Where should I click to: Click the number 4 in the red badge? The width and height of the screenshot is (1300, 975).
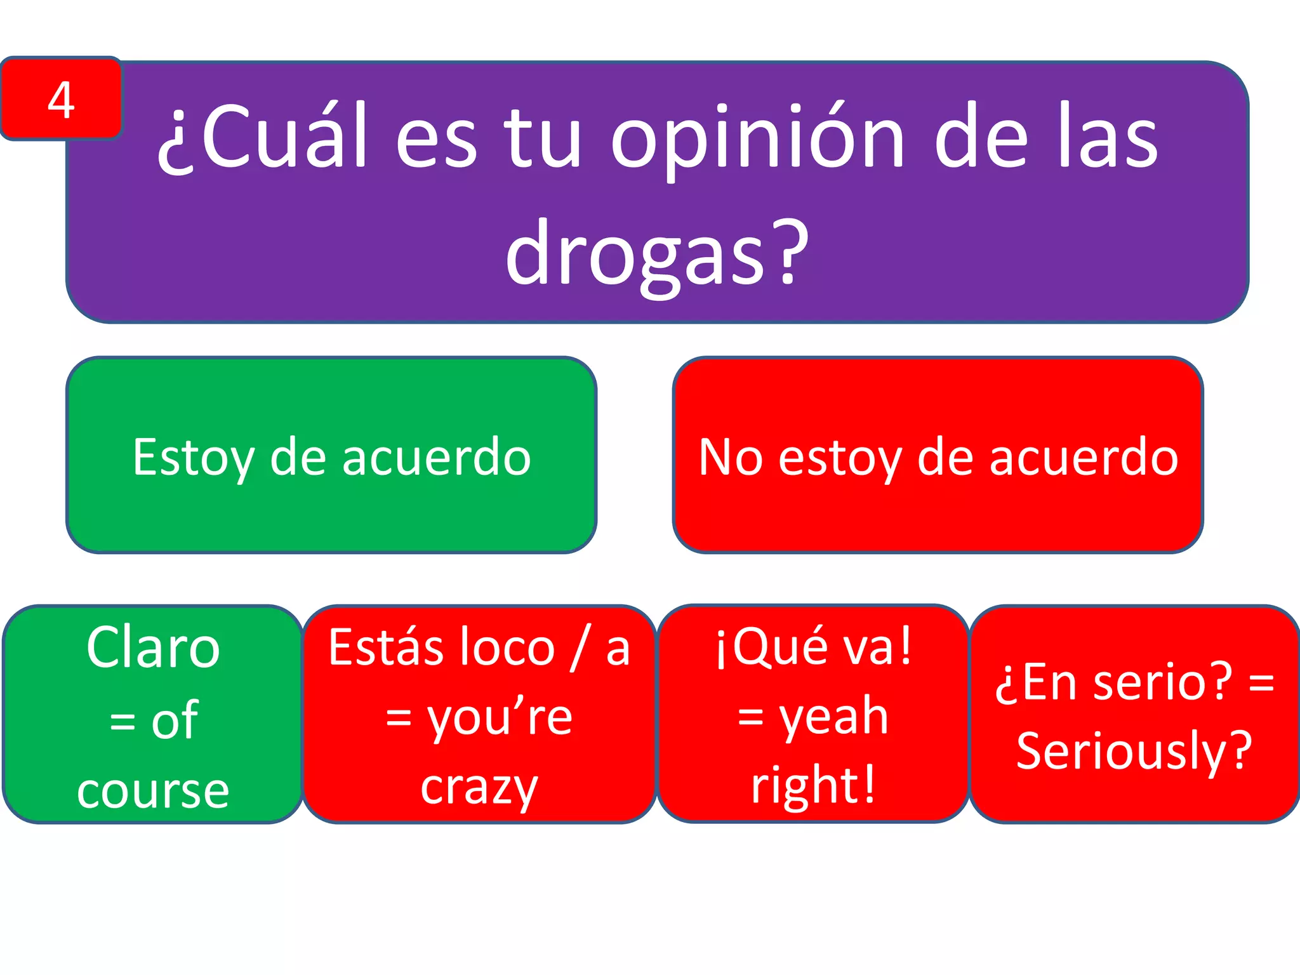click(61, 100)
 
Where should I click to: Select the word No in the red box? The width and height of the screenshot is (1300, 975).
click(730, 457)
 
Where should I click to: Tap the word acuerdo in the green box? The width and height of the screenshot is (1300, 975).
click(437, 457)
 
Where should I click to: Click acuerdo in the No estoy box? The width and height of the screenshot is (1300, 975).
click(1084, 457)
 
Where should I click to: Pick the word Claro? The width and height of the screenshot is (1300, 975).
click(153, 647)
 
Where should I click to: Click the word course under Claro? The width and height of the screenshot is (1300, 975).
click(153, 791)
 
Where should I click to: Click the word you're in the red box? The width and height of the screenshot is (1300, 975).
click(500, 719)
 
